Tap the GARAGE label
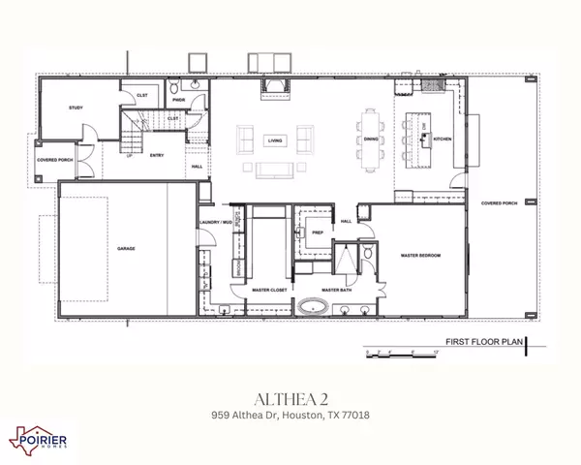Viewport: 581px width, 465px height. [x=126, y=249]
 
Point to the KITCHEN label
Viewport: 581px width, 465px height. [x=443, y=139]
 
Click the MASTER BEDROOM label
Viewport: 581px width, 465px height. [x=420, y=255]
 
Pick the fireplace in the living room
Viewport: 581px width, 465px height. [x=270, y=90]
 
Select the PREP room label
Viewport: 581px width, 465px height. [x=317, y=233]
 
